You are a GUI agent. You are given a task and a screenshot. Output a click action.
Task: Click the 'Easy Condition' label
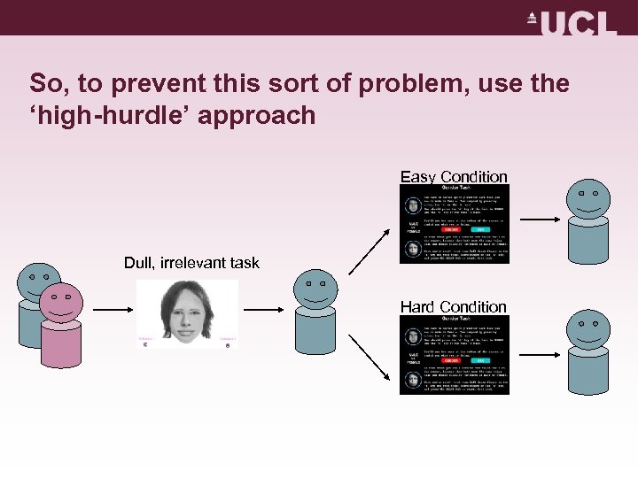(x=454, y=177)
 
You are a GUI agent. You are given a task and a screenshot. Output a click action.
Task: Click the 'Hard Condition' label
(x=454, y=306)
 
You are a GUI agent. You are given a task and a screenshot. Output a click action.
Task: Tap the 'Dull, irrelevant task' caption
(x=191, y=263)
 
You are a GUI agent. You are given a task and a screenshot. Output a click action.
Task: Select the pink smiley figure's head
(x=60, y=304)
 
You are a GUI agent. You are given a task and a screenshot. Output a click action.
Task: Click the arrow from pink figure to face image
(x=111, y=310)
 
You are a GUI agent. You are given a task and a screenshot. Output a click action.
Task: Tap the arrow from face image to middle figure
(x=266, y=310)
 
